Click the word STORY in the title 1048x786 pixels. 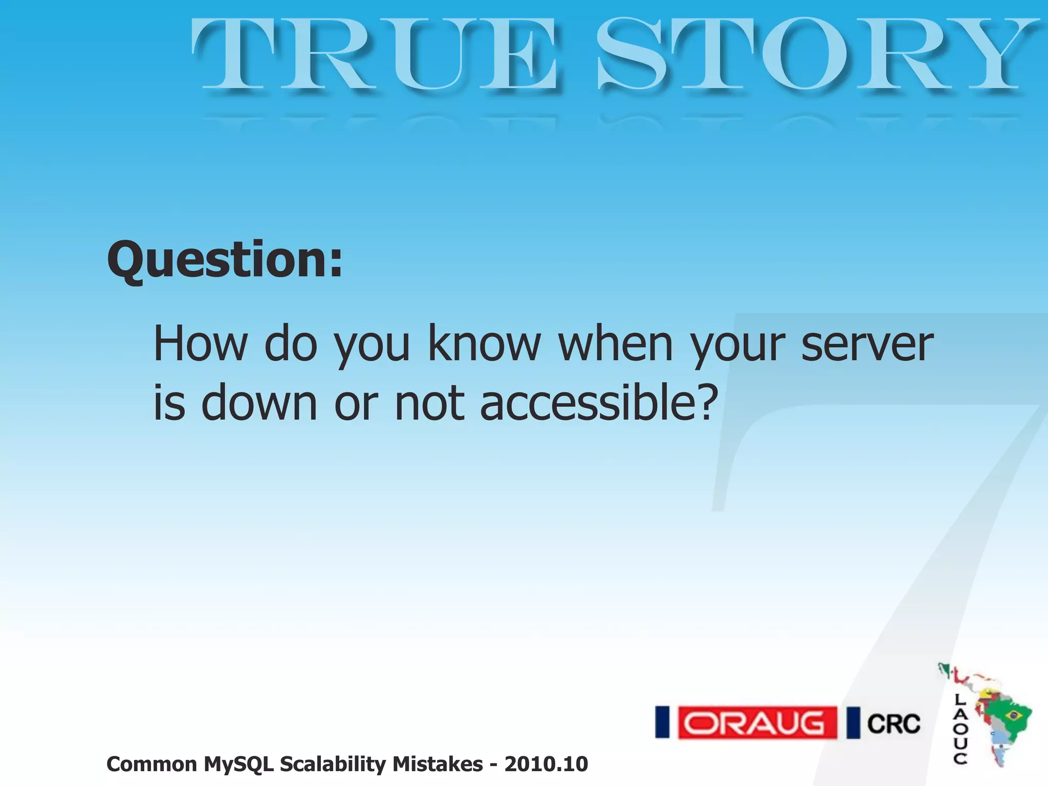click(814, 55)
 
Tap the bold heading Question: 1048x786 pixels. click(225, 261)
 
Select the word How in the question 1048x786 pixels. click(200, 344)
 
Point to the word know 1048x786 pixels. click(484, 344)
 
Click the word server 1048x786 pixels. click(867, 344)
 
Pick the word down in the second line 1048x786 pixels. click(259, 404)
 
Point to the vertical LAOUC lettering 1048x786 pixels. click(960, 730)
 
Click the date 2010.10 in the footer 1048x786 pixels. click(546, 765)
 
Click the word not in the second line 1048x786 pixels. click(429, 404)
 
